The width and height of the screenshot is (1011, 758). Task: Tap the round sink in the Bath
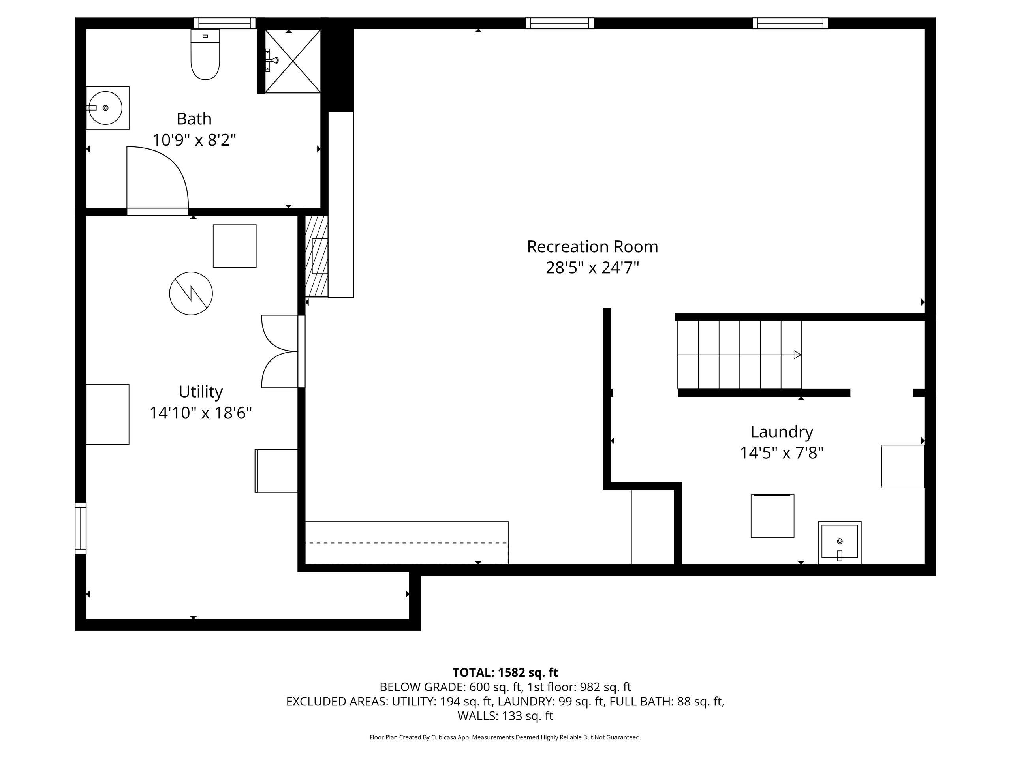[x=105, y=108]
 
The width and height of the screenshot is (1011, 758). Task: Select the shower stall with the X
[x=293, y=61]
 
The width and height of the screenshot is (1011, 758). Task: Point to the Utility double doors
[x=280, y=351]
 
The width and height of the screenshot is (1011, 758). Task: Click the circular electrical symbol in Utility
[x=191, y=293]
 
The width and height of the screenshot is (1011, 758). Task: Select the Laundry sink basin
[x=840, y=542]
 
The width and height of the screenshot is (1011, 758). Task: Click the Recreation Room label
[x=592, y=247]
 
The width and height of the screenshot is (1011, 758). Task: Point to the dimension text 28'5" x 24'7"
[x=592, y=268]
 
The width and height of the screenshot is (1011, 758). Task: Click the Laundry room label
[x=782, y=432]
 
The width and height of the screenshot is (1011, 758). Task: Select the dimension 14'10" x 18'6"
[x=201, y=413]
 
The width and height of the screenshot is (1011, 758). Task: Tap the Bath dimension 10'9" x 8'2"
[x=194, y=140]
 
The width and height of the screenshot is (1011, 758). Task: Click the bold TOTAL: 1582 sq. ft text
[x=505, y=673]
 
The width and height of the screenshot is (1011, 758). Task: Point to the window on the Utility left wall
[x=81, y=528]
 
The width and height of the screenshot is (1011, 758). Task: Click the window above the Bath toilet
[x=224, y=23]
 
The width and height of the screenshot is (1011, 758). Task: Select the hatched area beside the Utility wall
[x=316, y=256]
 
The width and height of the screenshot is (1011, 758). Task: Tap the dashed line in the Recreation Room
[x=406, y=543]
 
